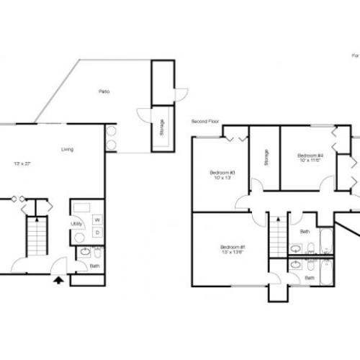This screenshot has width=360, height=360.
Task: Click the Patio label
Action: point(104,91)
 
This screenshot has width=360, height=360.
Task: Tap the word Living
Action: point(67,150)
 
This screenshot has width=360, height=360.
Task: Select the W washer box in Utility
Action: point(96,219)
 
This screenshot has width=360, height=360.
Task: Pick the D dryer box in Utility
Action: point(96,232)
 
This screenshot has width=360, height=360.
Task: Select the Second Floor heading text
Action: point(204,121)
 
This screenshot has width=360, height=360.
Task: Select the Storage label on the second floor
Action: point(266,156)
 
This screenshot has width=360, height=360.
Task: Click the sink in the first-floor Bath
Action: point(85,252)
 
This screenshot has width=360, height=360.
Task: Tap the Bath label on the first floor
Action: point(94,265)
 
